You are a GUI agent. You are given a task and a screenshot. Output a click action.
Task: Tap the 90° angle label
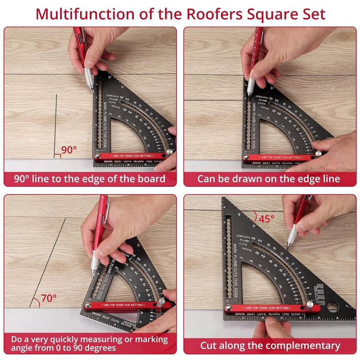[x=69, y=150]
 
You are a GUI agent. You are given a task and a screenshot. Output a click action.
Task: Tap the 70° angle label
[x=49, y=297]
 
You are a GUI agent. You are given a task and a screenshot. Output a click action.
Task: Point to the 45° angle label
[x=266, y=219]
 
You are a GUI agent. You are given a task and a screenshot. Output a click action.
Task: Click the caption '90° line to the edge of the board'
[x=90, y=179]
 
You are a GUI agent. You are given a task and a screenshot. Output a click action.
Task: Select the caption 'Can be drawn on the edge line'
[x=269, y=179]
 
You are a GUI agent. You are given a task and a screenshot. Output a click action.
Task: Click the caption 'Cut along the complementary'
[x=270, y=346]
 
